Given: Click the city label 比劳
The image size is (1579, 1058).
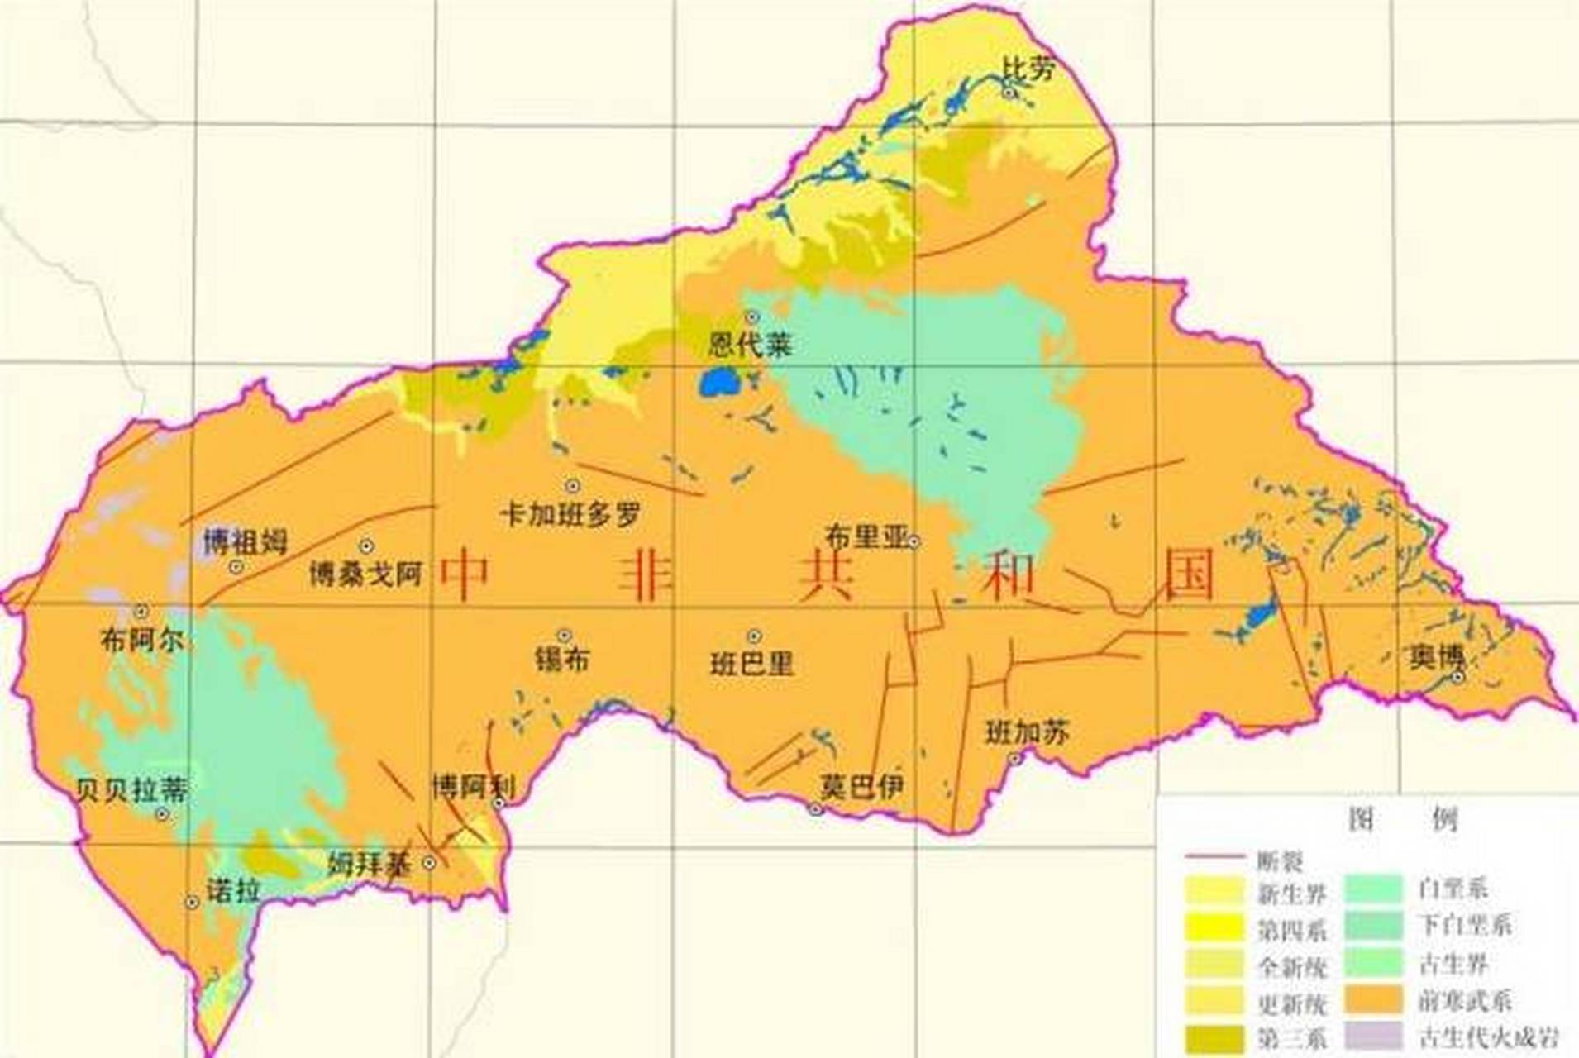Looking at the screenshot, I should click(x=1028, y=69).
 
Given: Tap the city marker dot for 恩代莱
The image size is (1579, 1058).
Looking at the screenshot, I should click(x=751, y=317).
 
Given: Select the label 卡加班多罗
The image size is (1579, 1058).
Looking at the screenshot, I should click(x=571, y=515).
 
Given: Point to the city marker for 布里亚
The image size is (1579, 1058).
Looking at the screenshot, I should click(x=914, y=542).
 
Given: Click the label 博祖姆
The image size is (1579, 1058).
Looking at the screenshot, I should click(x=246, y=542).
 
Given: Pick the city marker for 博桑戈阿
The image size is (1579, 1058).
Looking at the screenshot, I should click(x=366, y=546).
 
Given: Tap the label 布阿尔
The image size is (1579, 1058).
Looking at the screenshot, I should click(x=141, y=640).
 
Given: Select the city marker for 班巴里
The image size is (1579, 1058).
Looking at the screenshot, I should click(x=754, y=636).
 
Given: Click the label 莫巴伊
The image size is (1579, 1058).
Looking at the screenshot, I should click(x=861, y=786).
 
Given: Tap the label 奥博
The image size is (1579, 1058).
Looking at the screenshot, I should click(x=1436, y=657).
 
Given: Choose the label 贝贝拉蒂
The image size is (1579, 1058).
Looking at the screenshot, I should click(x=131, y=790).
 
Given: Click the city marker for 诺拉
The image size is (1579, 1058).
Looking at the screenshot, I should click(x=192, y=903).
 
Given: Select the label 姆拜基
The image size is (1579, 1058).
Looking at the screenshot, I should click(x=370, y=865).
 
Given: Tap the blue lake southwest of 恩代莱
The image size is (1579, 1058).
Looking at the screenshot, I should click(x=717, y=383).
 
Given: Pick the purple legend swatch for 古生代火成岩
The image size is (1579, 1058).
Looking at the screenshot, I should click(x=1373, y=1036).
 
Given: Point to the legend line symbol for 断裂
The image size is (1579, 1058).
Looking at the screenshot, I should click(x=1214, y=857).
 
